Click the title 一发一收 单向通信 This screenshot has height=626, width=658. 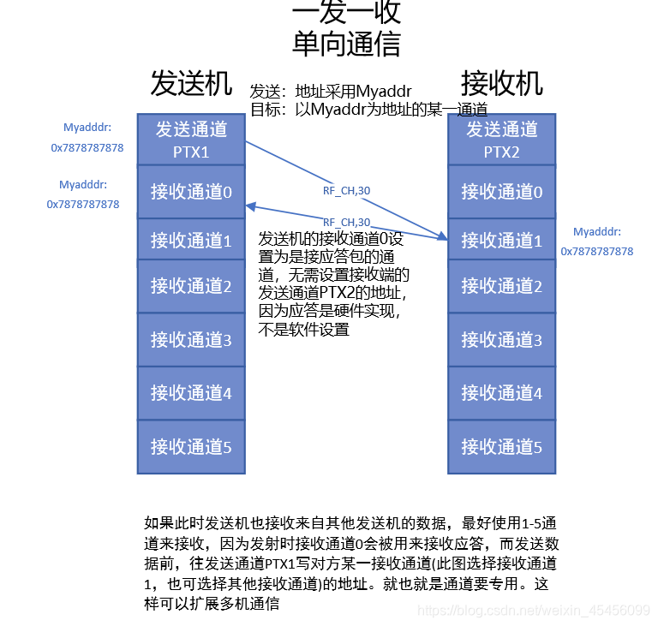pyautogui.click(x=346, y=27)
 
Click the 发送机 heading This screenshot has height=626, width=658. pyautogui.click(x=191, y=84)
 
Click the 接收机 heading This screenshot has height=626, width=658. pyautogui.click(x=501, y=84)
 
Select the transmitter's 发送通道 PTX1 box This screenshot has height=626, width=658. pyautogui.click(x=191, y=140)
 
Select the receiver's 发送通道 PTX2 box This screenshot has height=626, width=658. pyautogui.click(x=501, y=140)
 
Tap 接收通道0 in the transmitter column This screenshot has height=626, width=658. pyautogui.click(x=191, y=191)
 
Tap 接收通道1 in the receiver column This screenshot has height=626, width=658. pyautogui.click(x=501, y=241)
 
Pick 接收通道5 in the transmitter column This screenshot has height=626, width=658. pyautogui.click(x=191, y=446)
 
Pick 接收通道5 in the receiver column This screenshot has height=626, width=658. pyautogui.click(x=501, y=446)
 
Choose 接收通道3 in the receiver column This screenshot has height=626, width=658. pyautogui.click(x=501, y=340)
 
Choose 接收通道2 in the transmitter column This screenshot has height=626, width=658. pyautogui.click(x=191, y=285)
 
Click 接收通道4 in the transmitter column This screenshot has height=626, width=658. pyautogui.click(x=191, y=393)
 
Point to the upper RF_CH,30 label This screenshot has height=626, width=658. pyautogui.click(x=346, y=191)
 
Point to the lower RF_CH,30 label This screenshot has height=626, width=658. pyautogui.click(x=346, y=222)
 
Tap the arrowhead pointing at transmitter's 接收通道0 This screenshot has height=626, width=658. pyautogui.click(x=249, y=206)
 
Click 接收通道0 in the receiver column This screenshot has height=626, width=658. pyautogui.click(x=501, y=191)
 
